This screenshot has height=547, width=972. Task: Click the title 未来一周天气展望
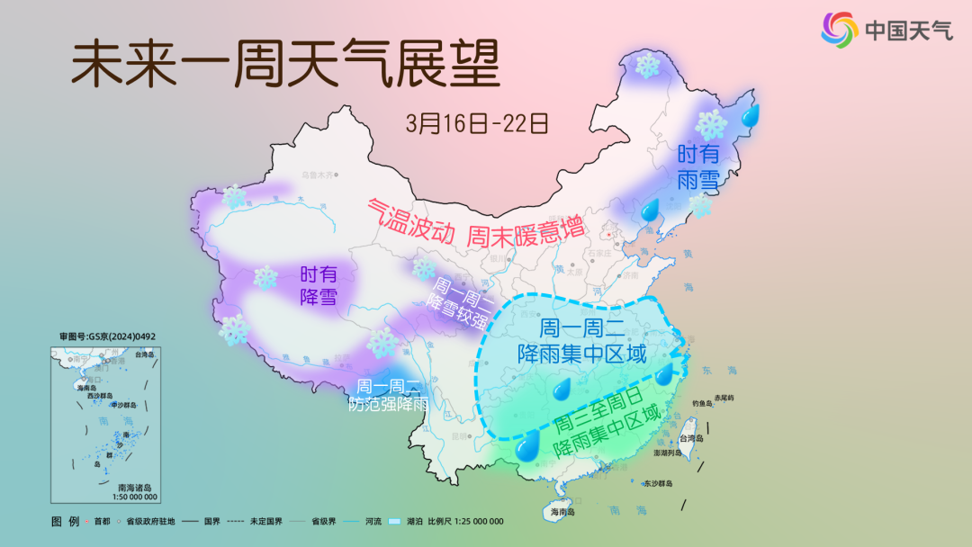click(x=284, y=66)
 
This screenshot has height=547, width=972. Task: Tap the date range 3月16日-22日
click(x=477, y=122)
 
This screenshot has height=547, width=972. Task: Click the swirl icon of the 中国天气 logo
click(x=840, y=31)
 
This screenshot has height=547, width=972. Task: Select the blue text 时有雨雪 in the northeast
click(x=698, y=167)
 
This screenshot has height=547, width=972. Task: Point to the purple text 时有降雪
click(x=319, y=285)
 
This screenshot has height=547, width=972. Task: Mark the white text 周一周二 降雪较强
click(x=462, y=302)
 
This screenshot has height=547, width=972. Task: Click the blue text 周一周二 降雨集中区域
click(x=581, y=340)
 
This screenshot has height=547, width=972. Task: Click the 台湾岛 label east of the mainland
click(x=690, y=438)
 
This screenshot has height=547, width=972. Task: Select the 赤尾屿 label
click(x=724, y=397)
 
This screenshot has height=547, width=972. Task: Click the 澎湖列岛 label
click(x=669, y=452)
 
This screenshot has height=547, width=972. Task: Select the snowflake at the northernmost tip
click(x=646, y=65)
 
